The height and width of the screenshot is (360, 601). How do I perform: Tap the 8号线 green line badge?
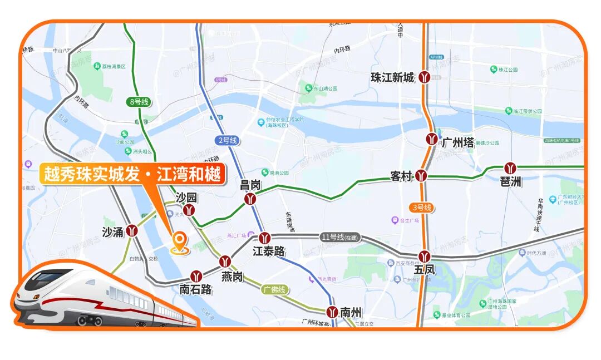click(x=139, y=102)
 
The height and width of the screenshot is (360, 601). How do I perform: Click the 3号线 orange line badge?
click(x=421, y=208)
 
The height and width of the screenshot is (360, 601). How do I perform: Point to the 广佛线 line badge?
click(x=274, y=289)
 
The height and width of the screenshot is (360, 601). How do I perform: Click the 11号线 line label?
click(x=340, y=237)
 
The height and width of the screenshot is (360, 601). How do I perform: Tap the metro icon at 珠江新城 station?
click(x=425, y=77)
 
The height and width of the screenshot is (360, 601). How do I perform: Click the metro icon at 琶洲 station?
click(x=510, y=168)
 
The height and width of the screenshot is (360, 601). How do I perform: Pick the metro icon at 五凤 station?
click(x=425, y=257)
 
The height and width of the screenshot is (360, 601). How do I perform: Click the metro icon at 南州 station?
click(x=332, y=311)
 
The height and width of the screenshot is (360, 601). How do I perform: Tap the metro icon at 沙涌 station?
click(x=132, y=230)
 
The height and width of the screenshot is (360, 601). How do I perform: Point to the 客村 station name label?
click(x=401, y=177)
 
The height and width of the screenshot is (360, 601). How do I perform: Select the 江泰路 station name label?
click(x=269, y=251)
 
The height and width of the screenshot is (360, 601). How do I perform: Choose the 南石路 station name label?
click(x=195, y=289)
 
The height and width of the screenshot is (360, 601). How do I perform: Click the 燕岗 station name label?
click(x=231, y=277)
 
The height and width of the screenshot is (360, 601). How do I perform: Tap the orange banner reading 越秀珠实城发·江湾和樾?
click(x=132, y=174)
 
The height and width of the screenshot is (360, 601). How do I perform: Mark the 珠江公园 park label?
click(x=508, y=70)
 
